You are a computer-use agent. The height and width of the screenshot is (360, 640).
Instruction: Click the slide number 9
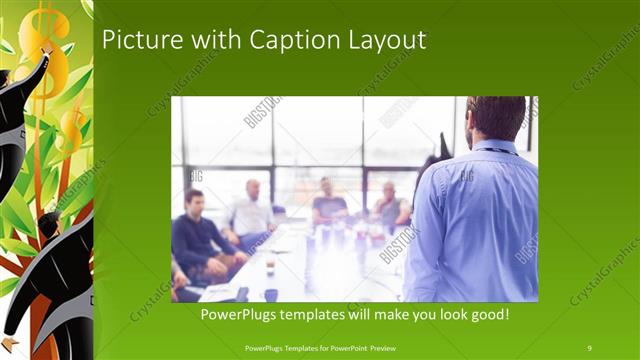589,347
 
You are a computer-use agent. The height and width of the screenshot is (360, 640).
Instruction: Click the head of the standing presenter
495,118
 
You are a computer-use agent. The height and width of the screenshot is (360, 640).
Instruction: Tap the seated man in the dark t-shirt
326,204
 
